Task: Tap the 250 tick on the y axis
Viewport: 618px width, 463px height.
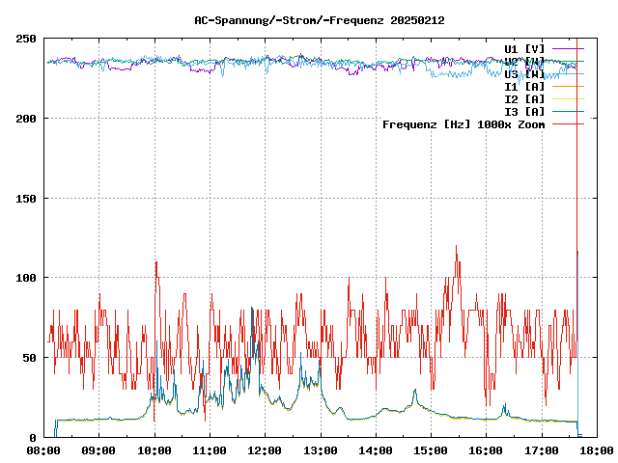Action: click(26, 39)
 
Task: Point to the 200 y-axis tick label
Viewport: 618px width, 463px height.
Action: click(26, 119)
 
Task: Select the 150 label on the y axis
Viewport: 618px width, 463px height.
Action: click(26, 199)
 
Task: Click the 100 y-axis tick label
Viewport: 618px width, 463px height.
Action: click(26, 278)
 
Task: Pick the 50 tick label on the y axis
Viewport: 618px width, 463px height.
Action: click(29, 358)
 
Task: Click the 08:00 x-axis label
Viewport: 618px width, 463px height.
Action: click(44, 449)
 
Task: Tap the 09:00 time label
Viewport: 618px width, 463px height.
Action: click(99, 449)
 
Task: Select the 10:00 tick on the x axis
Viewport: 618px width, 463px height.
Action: click(154, 449)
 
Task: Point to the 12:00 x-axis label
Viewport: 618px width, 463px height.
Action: click(265, 449)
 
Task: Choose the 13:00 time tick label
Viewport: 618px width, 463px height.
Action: click(321, 449)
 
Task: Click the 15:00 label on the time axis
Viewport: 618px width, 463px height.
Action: click(431, 449)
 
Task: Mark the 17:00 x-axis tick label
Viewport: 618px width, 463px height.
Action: click(541, 449)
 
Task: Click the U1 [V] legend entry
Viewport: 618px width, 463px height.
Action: click(524, 48)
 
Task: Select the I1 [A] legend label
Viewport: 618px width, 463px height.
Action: click(524, 86)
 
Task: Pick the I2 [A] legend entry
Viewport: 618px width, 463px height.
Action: click(524, 98)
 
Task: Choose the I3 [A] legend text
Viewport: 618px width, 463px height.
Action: click(524, 111)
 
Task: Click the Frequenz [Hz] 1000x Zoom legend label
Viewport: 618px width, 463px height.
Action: click(463, 124)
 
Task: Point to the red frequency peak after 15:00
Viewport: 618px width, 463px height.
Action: click(456, 247)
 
